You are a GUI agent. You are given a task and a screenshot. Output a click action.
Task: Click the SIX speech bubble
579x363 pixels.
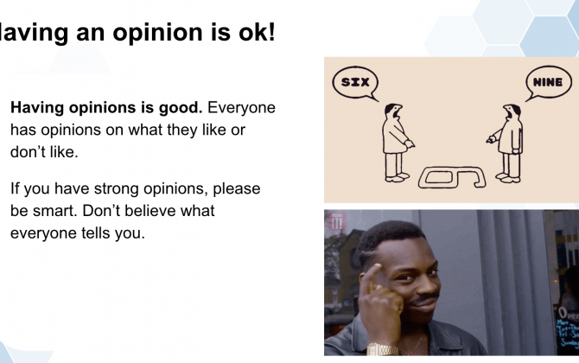(x=355, y=83)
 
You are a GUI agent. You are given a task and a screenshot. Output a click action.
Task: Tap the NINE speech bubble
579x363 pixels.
(x=549, y=83)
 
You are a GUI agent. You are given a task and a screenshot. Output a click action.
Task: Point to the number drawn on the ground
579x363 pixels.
(x=452, y=177)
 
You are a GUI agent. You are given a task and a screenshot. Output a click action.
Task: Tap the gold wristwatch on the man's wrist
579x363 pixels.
(x=382, y=349)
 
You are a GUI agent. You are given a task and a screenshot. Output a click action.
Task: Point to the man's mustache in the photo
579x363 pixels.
(x=424, y=297)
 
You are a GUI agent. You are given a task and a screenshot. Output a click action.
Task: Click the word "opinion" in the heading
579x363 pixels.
(x=158, y=33)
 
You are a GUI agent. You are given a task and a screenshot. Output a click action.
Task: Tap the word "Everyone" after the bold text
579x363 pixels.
(x=241, y=108)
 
